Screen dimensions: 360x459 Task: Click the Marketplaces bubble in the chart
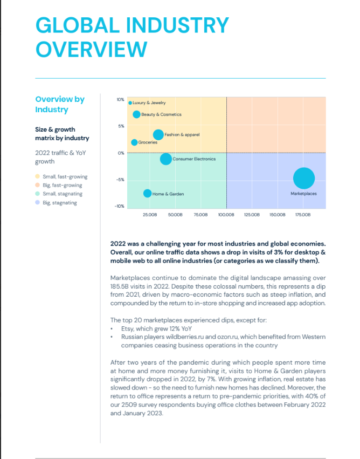point(304,179)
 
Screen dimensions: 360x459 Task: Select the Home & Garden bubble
point(147,194)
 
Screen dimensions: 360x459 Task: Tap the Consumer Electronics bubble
point(166,159)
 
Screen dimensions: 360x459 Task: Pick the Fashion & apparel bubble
point(158,135)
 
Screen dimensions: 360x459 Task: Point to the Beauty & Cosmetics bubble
point(136,114)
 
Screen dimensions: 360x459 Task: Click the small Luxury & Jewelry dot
point(130,102)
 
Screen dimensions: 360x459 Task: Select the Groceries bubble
point(134,142)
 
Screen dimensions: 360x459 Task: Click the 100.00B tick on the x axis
point(226,215)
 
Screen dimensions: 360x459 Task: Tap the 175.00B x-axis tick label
point(303,215)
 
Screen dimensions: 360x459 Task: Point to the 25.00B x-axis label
point(150,215)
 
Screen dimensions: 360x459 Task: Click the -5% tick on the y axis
point(120,180)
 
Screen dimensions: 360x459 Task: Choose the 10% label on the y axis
point(121,100)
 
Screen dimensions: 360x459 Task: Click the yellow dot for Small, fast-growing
point(37,176)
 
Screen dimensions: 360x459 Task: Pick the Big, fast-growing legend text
point(63,185)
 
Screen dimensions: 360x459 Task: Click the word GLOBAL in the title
point(78,25)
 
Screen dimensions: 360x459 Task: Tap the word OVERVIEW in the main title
point(91,49)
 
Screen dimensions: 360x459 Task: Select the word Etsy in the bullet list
point(127,328)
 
